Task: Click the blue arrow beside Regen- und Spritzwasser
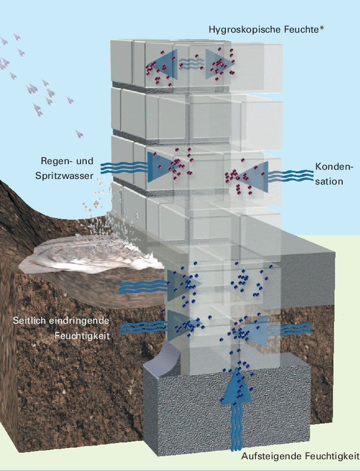coord(158,166)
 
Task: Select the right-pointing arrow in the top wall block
coord(218,64)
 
